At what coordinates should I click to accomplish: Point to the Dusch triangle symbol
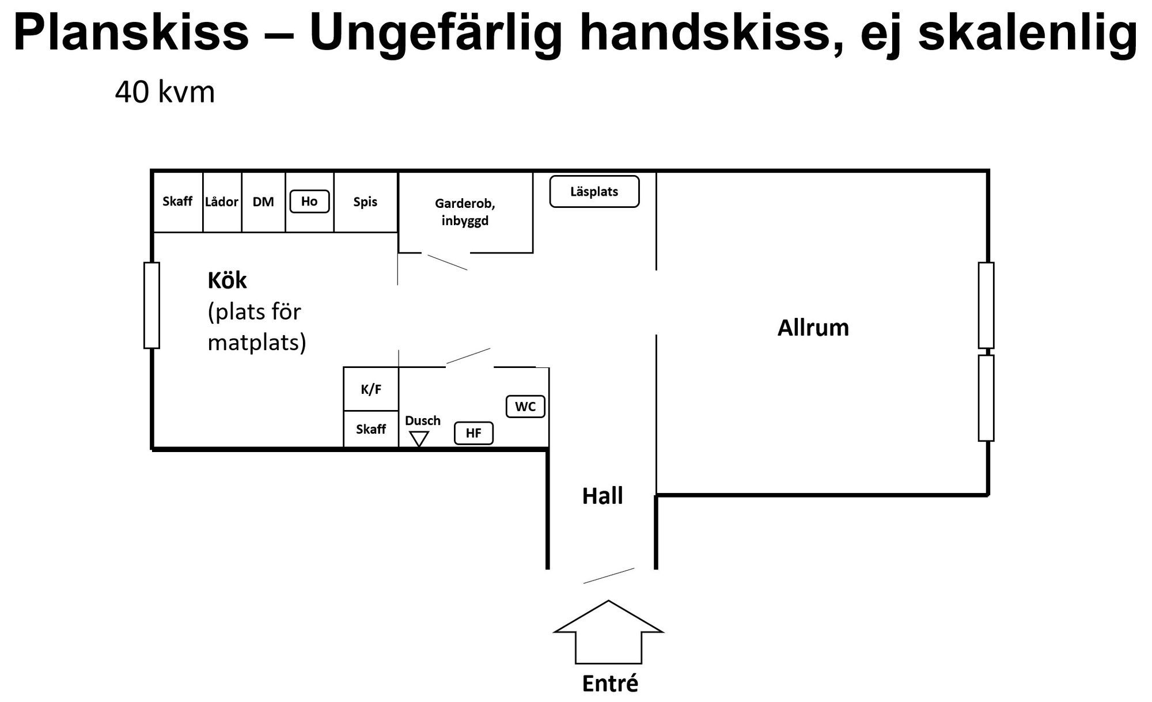419,439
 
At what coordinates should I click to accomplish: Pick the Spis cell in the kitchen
366,202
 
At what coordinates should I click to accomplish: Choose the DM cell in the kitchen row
263,202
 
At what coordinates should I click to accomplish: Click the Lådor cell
222,202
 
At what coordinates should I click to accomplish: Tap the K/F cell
371,389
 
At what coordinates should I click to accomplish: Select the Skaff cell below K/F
371,429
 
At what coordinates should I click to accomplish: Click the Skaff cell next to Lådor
177,202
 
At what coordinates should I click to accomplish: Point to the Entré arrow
608,632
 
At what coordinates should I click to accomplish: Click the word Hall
602,496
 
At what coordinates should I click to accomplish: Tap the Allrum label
813,328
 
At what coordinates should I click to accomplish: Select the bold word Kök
227,280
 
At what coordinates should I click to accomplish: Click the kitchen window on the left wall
151,305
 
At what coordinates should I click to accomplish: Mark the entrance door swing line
609,576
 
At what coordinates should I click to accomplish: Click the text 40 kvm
165,92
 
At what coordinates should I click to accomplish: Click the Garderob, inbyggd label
465,212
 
